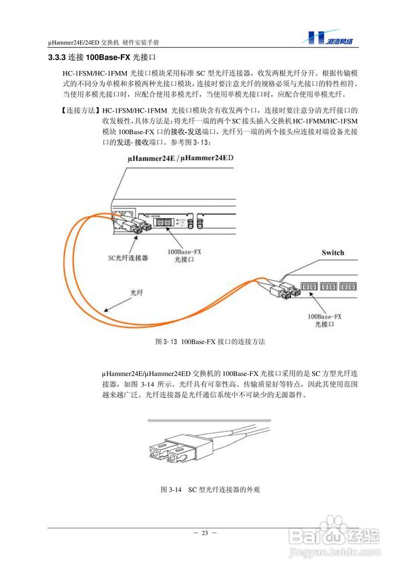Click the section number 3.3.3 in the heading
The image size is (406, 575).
pos(57,58)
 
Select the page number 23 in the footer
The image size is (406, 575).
pos(205,533)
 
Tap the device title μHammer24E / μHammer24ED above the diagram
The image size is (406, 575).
pos(181,159)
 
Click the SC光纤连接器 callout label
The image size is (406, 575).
pos(128,258)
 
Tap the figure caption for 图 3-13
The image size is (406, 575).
pos(210,342)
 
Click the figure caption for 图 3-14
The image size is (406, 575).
pos(210,490)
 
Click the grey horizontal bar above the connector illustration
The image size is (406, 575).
pos(209,420)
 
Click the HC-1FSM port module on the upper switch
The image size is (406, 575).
pos(167,222)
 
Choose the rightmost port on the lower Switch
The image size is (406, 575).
pos(348,286)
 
